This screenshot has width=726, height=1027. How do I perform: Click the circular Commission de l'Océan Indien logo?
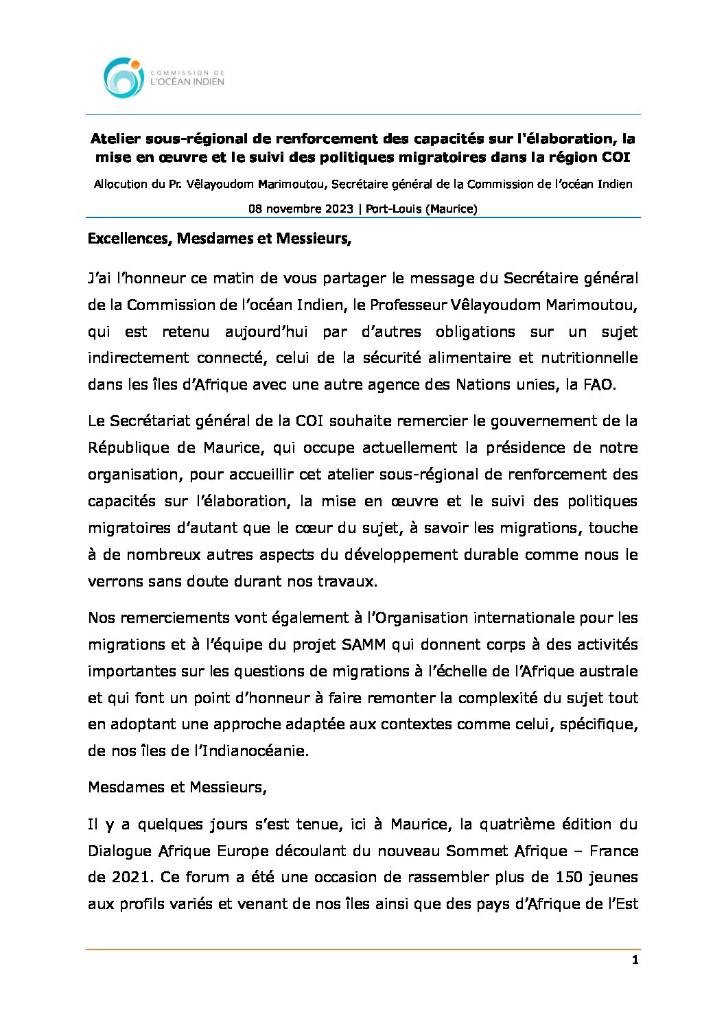pyautogui.click(x=124, y=77)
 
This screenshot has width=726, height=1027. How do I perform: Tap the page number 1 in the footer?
pyautogui.click(x=635, y=960)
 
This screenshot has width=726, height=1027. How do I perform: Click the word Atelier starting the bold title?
pyautogui.click(x=115, y=139)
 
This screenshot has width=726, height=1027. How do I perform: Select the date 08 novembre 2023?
pyautogui.click(x=301, y=209)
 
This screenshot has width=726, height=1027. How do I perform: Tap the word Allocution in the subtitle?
pyautogui.click(x=121, y=184)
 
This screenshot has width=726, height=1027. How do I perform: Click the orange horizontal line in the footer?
pyautogui.click(x=363, y=949)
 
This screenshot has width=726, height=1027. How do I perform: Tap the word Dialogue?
pyautogui.click(x=119, y=851)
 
